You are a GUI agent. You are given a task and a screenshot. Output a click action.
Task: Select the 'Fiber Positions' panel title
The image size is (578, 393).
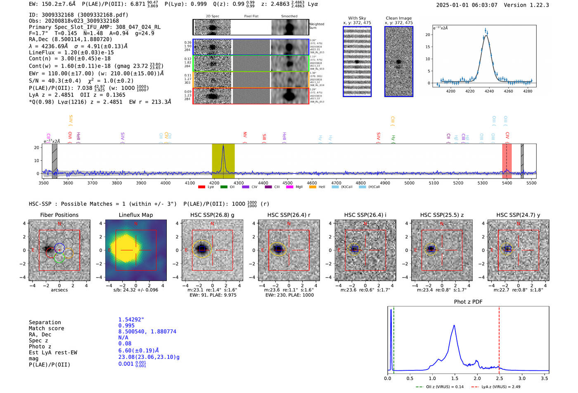pyautogui.click(x=59, y=215)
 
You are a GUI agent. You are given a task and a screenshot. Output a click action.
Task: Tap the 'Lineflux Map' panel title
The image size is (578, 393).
pyautogui.click(x=136, y=215)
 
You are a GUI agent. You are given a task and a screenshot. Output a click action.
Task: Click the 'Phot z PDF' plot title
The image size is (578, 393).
pyautogui.click(x=468, y=301)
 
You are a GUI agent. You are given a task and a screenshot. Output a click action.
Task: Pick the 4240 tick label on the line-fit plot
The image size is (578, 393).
pyautogui.click(x=489, y=91)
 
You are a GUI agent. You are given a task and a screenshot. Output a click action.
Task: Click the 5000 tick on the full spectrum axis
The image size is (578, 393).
pyautogui.click(x=409, y=183)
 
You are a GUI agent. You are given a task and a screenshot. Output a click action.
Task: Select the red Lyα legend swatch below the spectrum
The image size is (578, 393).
pyautogui.click(x=201, y=187)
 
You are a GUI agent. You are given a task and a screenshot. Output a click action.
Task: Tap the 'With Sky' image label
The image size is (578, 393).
pyautogui.click(x=357, y=18)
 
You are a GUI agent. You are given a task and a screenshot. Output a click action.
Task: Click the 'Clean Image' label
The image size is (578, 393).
pyautogui.click(x=399, y=18)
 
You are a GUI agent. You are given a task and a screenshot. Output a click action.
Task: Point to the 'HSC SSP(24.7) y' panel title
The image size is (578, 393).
pyautogui.click(x=518, y=215)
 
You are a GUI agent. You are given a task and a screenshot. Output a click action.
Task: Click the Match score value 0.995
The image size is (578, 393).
pyautogui.click(x=126, y=326)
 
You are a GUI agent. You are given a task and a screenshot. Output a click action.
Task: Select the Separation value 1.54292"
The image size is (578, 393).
pyautogui.click(x=131, y=320)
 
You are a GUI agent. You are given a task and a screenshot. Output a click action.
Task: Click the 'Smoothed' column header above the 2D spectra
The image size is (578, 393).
pyautogui.click(x=289, y=16)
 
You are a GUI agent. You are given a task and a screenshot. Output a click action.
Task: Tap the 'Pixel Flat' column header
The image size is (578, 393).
pyautogui.click(x=251, y=16)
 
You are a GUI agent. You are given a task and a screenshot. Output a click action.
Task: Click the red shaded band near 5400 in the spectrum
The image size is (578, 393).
pyautogui.click(x=507, y=161)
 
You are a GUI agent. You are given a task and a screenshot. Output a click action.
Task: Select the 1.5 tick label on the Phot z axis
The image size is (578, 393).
pyautogui.click(x=455, y=378)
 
